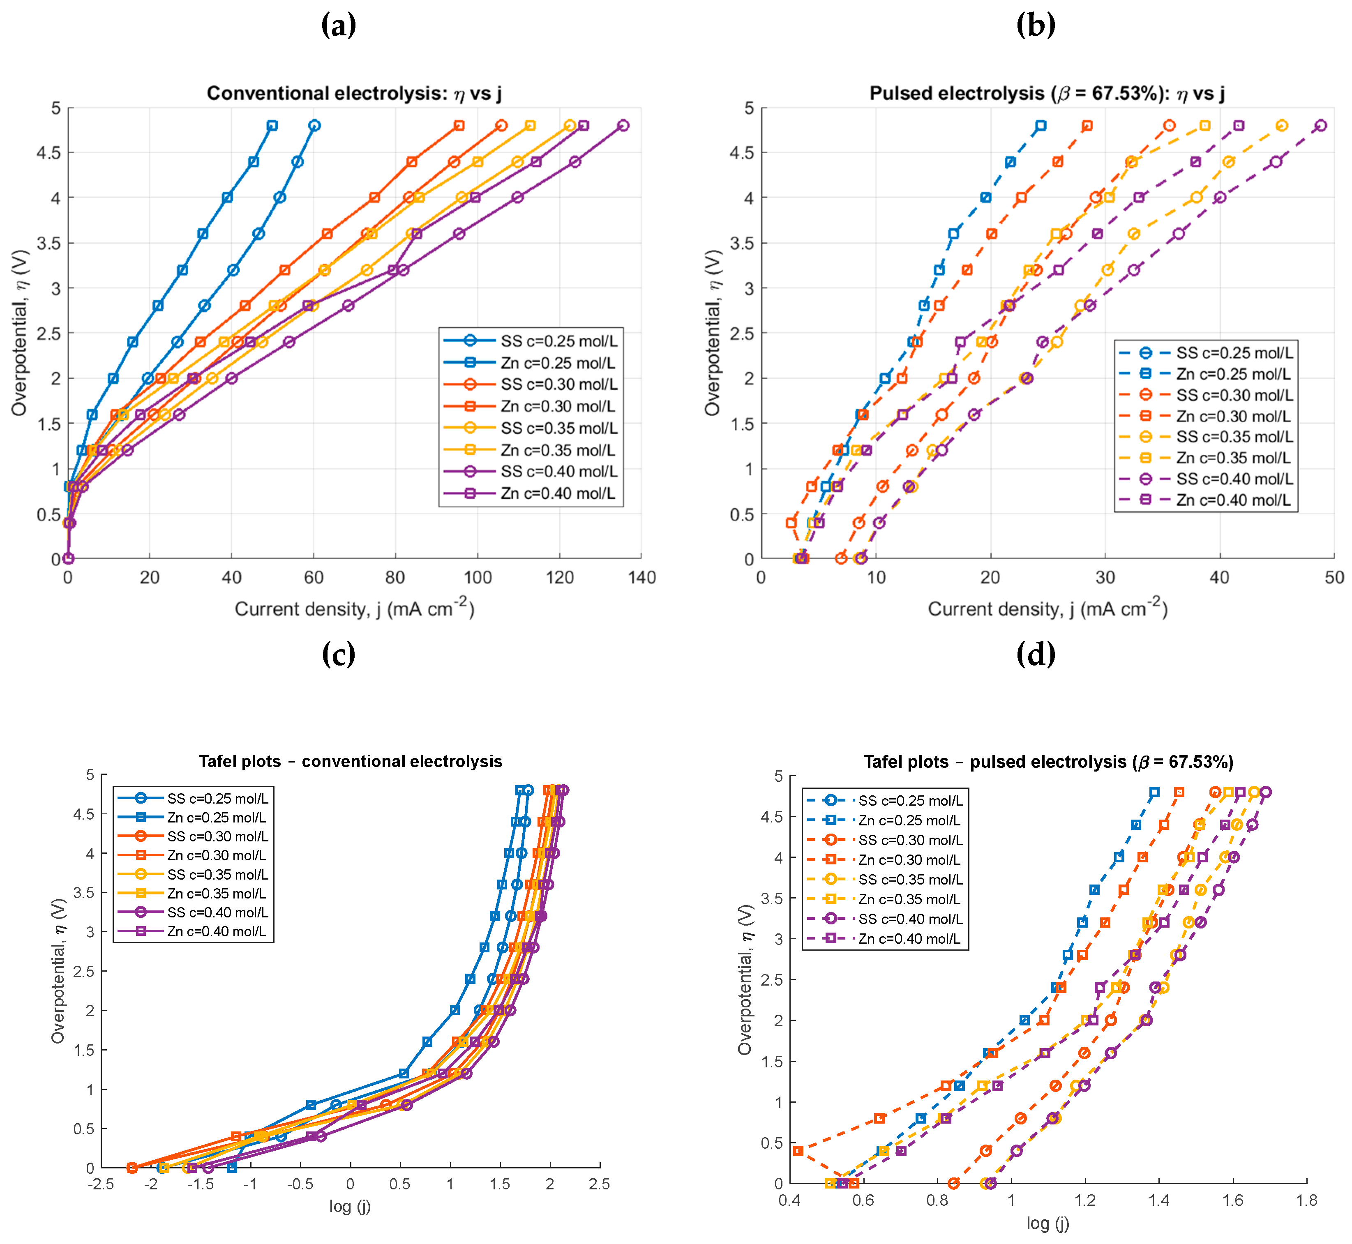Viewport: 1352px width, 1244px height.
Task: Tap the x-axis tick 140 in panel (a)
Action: point(641,578)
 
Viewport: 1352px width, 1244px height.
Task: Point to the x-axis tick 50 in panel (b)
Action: point(1334,578)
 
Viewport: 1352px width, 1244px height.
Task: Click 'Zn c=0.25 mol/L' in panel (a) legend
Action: point(558,363)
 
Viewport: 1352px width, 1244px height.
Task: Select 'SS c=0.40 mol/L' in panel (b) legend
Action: point(1234,479)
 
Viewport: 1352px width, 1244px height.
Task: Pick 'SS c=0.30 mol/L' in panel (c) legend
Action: point(217,836)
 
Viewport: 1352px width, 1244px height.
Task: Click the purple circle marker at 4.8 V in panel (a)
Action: point(623,126)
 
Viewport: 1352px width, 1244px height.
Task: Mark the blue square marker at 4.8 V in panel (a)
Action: point(272,126)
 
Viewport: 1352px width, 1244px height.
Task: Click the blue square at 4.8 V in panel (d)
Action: point(1154,792)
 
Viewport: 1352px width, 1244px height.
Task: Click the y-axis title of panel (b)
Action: point(712,332)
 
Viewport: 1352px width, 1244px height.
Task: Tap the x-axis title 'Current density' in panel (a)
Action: point(354,608)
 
